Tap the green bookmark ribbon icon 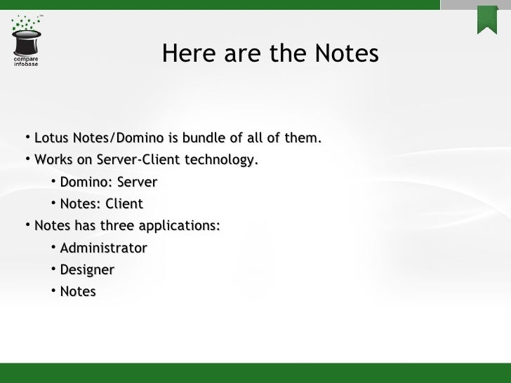[x=487, y=19]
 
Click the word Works [x=52, y=160]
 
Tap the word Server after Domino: [x=137, y=182]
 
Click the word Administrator [x=103, y=248]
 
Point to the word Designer [x=87, y=269]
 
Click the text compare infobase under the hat [x=26, y=62]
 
